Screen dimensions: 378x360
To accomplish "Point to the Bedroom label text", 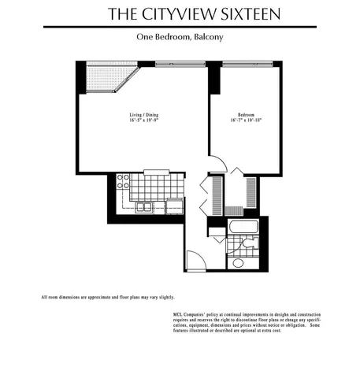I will pos(244,114).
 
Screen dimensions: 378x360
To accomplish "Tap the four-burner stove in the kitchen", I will pos(124,183).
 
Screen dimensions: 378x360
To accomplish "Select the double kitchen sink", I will pos(145,207).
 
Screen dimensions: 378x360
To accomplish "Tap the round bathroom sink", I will pos(235,263).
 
